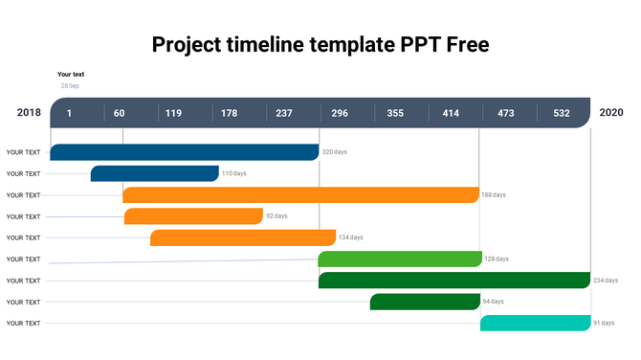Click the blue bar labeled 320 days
tap(184, 152)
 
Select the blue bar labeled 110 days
tap(154, 173)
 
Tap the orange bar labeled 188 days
tap(300, 195)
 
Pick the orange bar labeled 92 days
tap(193, 216)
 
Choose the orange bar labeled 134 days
tap(243, 237)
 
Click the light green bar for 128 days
tap(400, 259)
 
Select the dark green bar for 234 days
tap(454, 281)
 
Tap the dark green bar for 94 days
tap(425, 302)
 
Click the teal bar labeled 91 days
tap(535, 323)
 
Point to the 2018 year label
tap(29, 113)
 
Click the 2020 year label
tap(611, 113)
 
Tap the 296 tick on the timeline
tap(340, 113)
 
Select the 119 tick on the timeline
tap(173, 113)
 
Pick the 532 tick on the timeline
tap(561, 113)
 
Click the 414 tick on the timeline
tap(451, 113)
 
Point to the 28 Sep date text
tap(70, 86)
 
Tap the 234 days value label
tap(606, 281)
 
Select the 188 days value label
tap(494, 195)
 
